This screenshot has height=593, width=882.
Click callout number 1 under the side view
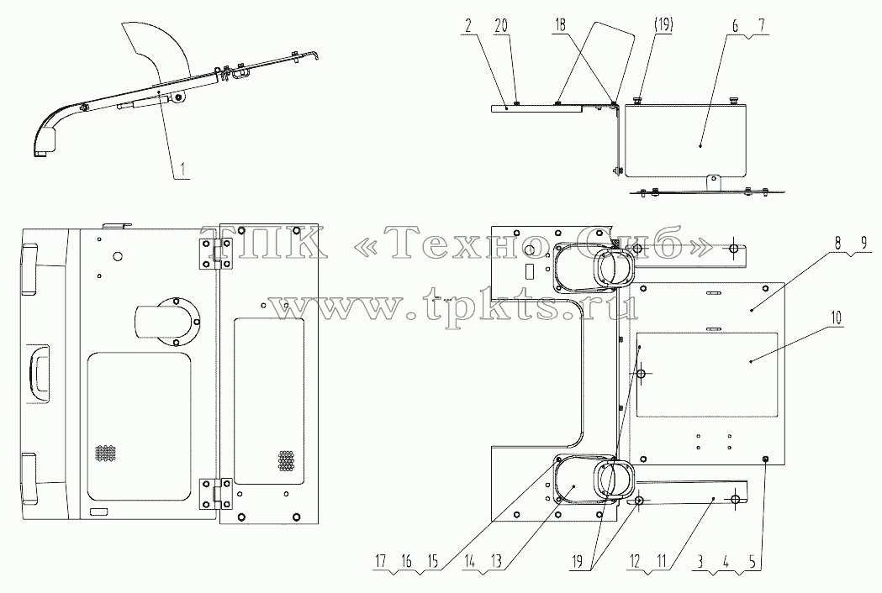181,169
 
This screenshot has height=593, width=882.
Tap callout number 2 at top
467,25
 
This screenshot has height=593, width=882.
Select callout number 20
500,25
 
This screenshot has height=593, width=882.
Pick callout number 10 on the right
837,318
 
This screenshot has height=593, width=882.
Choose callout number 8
837,244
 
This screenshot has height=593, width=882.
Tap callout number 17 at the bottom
381,560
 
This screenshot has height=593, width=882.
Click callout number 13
495,560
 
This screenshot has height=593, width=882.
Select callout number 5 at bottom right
751,560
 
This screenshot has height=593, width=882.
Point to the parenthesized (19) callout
663,24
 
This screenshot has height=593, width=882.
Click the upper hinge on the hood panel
218,254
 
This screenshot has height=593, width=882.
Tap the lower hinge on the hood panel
218,494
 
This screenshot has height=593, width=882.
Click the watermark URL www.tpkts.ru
453,307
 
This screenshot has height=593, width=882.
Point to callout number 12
635,560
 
